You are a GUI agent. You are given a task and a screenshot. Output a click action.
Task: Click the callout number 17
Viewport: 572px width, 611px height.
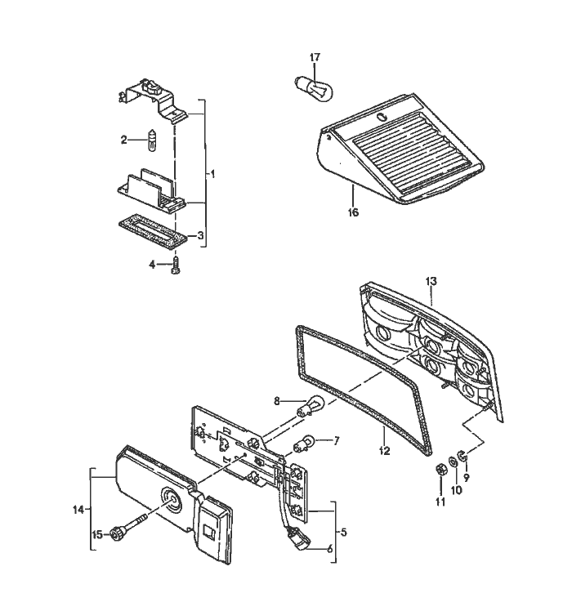[x=315, y=57]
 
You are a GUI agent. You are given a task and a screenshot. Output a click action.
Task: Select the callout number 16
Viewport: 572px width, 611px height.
[x=352, y=212]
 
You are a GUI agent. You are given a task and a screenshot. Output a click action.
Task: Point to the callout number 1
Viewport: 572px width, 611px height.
[x=212, y=174]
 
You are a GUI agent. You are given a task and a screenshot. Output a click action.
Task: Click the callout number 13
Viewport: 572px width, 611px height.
[x=431, y=281]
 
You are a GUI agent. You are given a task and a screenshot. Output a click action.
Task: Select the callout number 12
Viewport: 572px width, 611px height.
[x=384, y=449]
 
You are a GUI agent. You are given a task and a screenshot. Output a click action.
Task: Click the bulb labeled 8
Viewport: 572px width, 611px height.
[x=308, y=407]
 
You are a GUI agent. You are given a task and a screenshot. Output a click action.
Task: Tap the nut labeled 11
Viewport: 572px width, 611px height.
[x=438, y=470]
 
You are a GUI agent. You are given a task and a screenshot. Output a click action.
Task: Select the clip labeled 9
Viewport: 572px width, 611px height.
[x=463, y=455]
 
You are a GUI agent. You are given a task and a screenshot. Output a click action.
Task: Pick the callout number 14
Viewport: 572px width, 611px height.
[x=78, y=511]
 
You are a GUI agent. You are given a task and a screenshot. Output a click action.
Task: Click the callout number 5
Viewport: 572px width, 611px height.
[x=343, y=532]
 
